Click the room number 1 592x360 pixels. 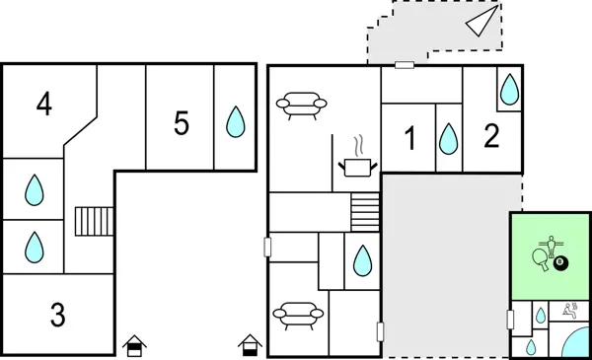pos(410,139)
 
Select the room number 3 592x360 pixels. pos(58,316)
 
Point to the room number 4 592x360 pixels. pos(43,104)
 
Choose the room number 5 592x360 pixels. pos(181,123)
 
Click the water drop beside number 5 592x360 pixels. pos(235,121)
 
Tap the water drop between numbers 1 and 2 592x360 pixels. pos(449,138)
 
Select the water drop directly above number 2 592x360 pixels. pos(508,90)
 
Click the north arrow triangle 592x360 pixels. pos(483,22)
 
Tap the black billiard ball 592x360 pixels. pos(560,263)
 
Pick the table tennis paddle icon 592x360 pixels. pos(540,259)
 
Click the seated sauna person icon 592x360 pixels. pos(568,313)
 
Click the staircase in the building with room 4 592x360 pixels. pos(95,221)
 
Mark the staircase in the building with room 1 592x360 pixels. pos(365,211)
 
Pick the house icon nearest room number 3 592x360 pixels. pos(135,345)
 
